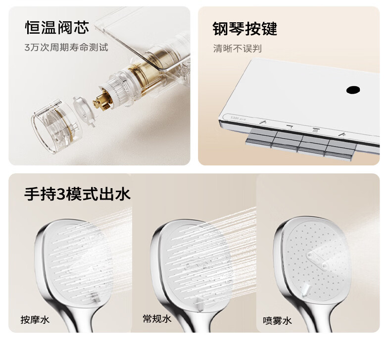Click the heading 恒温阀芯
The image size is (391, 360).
[x=57, y=27]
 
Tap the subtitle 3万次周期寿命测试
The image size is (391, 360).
[x=66, y=47]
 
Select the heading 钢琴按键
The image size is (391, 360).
[x=245, y=29]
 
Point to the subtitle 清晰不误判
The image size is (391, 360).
[x=238, y=49]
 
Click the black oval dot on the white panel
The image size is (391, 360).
[x=353, y=90]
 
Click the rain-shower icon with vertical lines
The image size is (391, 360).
[x=315, y=130]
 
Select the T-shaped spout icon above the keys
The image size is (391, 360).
[x=290, y=126]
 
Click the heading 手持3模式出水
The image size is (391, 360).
[x=77, y=194]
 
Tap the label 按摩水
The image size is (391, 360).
[x=35, y=319]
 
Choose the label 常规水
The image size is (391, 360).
[x=157, y=318]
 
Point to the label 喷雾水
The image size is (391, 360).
[x=277, y=320]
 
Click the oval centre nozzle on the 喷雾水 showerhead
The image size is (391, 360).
[x=317, y=260]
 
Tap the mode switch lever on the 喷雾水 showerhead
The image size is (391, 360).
[x=306, y=290]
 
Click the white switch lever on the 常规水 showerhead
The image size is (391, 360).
[x=199, y=304]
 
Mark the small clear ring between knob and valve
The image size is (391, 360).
[x=84, y=110]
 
